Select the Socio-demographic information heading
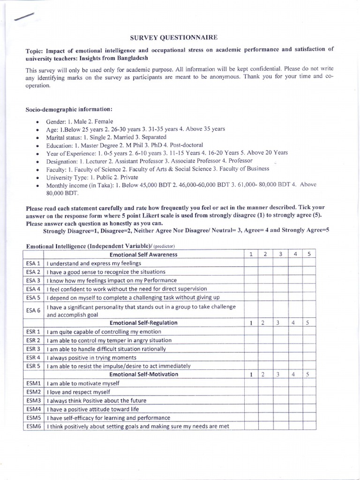[68, 110]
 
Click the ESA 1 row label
[33, 263]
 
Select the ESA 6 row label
[33, 310]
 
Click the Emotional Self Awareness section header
[143, 255]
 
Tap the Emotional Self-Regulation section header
[143, 322]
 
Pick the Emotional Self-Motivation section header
[143, 374]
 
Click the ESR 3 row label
[33, 349]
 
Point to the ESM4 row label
[33, 409]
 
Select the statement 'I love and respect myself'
[79, 392]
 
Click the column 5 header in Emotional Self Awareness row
[307, 255]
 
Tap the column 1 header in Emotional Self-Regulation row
[251, 322]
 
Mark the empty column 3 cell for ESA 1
[280, 263]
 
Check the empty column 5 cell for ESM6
[307, 426]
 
